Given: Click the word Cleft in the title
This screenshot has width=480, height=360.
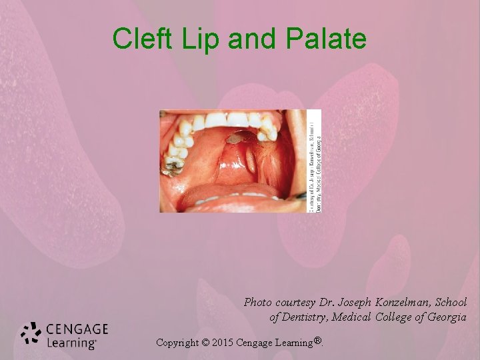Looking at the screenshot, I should point(138,39).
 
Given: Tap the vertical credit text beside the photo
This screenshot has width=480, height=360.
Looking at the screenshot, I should point(314,161).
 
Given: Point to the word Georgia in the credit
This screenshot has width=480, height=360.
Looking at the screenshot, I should point(446,317).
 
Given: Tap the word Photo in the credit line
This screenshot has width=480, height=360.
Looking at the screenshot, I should point(258,302).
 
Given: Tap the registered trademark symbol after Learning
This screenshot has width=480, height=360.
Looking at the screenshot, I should point(319,341).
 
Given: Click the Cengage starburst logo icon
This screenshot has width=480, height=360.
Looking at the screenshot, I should point(31,334).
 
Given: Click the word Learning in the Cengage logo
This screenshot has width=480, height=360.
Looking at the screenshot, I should point(71,343).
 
